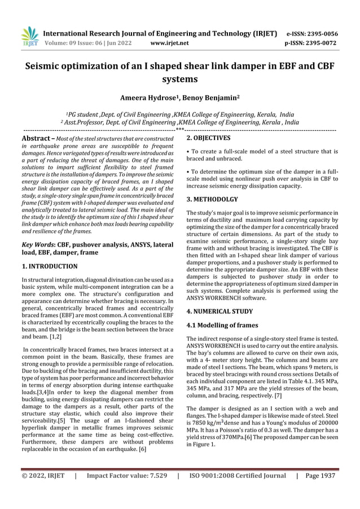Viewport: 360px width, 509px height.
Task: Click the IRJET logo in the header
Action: (x=29, y=36)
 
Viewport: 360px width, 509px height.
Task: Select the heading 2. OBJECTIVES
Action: (x=208, y=138)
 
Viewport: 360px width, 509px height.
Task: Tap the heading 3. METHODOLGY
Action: (x=212, y=199)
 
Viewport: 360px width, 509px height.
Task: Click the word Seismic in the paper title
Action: (x=45, y=67)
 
